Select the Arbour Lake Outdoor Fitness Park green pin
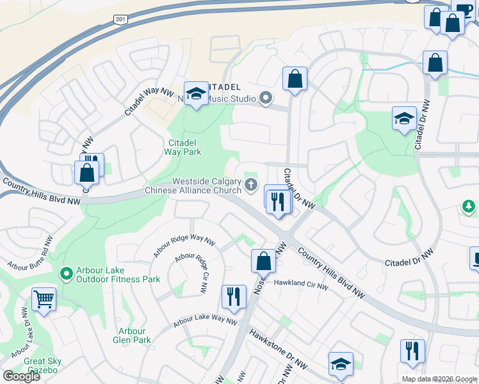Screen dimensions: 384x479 click(65, 274)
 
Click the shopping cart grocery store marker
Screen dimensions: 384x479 click(44, 298)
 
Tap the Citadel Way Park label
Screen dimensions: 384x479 click(185, 147)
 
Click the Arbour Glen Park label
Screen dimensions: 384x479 click(133, 335)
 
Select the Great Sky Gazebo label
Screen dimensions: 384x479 click(42, 365)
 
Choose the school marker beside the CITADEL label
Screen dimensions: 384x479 click(195, 93)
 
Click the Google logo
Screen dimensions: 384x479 click(21, 376)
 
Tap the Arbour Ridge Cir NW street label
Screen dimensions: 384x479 click(191, 273)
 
